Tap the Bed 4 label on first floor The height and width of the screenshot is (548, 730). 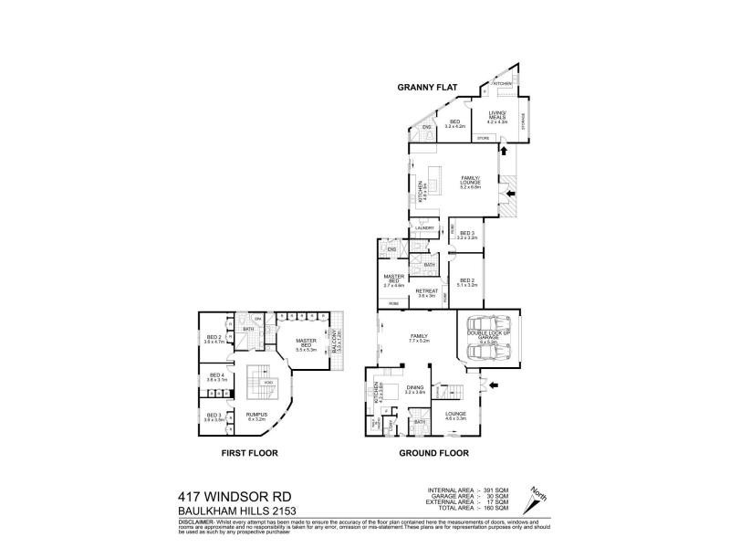[x=217, y=377]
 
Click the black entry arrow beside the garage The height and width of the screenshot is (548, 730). [x=494, y=387]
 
